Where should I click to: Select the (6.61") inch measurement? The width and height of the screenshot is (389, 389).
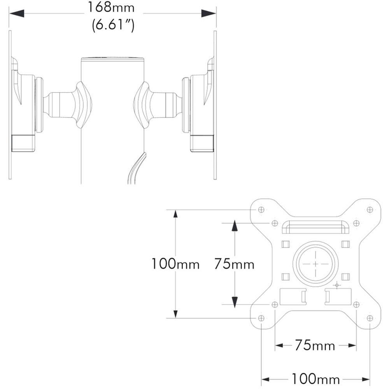coord(113,26)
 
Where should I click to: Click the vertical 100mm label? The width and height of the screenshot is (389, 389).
coord(175,264)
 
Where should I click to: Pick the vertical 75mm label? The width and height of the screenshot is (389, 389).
coord(234,264)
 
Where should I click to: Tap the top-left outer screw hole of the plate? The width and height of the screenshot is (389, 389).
coord(261,210)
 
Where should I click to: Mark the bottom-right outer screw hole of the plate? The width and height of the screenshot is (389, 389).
coord(370,318)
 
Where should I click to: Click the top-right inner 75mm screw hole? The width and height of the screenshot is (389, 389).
coord(356,223)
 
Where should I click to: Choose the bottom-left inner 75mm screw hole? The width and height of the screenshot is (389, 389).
coord(275,305)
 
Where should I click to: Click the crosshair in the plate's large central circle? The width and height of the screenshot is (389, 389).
coord(315,263)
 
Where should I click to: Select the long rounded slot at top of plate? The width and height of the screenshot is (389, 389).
coord(315,226)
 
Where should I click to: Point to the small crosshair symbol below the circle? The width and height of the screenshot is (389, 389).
coord(337,286)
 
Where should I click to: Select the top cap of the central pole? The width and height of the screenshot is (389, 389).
coord(112,59)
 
